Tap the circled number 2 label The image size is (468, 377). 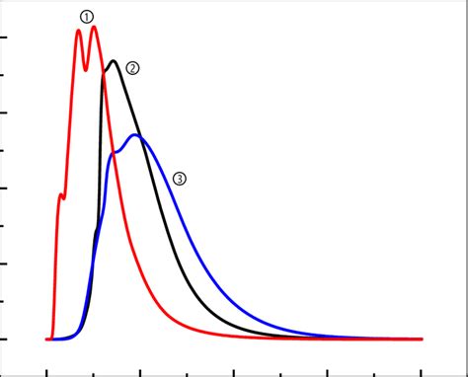[132, 68]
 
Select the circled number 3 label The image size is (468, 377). [179, 179]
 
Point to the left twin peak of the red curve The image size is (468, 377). [78, 32]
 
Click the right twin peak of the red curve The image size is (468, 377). [94, 28]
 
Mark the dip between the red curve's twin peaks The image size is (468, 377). [86, 69]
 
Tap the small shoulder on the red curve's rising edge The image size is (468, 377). [61, 194]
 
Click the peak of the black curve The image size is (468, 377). [115, 61]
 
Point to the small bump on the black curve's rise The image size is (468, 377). [96, 233]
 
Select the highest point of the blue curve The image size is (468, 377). [136, 135]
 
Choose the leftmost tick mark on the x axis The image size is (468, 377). [46, 372]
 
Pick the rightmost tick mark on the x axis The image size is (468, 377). [422, 372]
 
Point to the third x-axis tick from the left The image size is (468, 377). [140, 372]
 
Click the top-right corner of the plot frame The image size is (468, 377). [466, 2]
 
